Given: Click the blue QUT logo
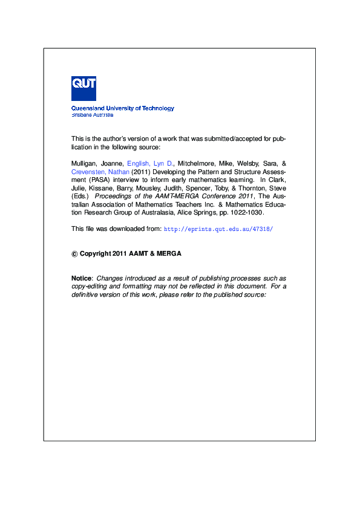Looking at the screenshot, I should click(x=83, y=88).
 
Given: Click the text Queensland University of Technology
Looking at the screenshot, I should click(x=123, y=108).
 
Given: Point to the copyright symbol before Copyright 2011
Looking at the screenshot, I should click(x=74, y=254).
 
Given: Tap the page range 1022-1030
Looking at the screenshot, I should click(x=249, y=213).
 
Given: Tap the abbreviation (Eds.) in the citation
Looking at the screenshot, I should click(x=80, y=196).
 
